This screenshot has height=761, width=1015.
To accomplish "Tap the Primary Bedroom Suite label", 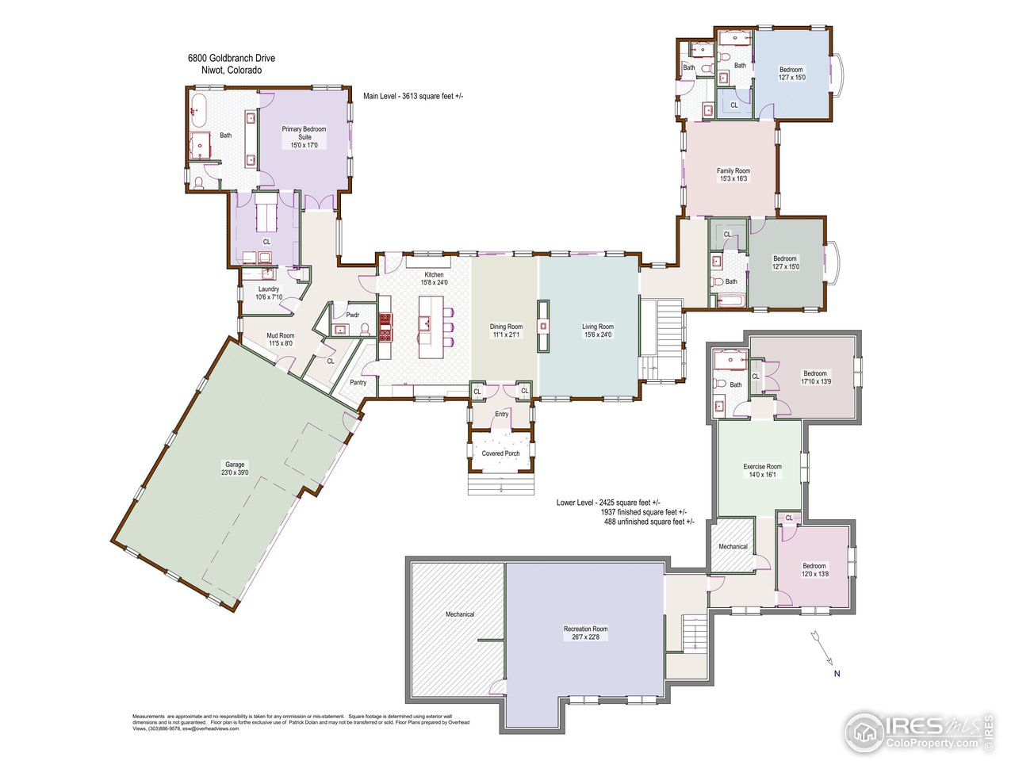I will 304,137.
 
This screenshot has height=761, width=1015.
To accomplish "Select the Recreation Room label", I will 586,633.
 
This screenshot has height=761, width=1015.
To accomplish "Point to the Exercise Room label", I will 762,471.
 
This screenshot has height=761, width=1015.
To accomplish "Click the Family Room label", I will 733,174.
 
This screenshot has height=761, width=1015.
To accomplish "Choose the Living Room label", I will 597,331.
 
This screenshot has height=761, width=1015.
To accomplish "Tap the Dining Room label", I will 505,331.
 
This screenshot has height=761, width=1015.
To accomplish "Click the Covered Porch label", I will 500,453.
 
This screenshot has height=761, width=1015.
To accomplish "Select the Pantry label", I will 358,382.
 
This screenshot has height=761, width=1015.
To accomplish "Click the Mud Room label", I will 280,339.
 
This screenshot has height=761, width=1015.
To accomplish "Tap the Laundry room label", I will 268,293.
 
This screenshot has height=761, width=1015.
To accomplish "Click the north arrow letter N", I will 836,675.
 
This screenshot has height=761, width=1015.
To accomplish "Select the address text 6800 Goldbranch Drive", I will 232,58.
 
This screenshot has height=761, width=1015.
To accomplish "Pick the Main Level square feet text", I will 413,96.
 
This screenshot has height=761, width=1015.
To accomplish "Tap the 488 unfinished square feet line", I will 649,522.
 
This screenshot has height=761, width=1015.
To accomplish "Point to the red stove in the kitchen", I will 386,326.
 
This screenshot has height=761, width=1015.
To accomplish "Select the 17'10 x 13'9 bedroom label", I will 815,377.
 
